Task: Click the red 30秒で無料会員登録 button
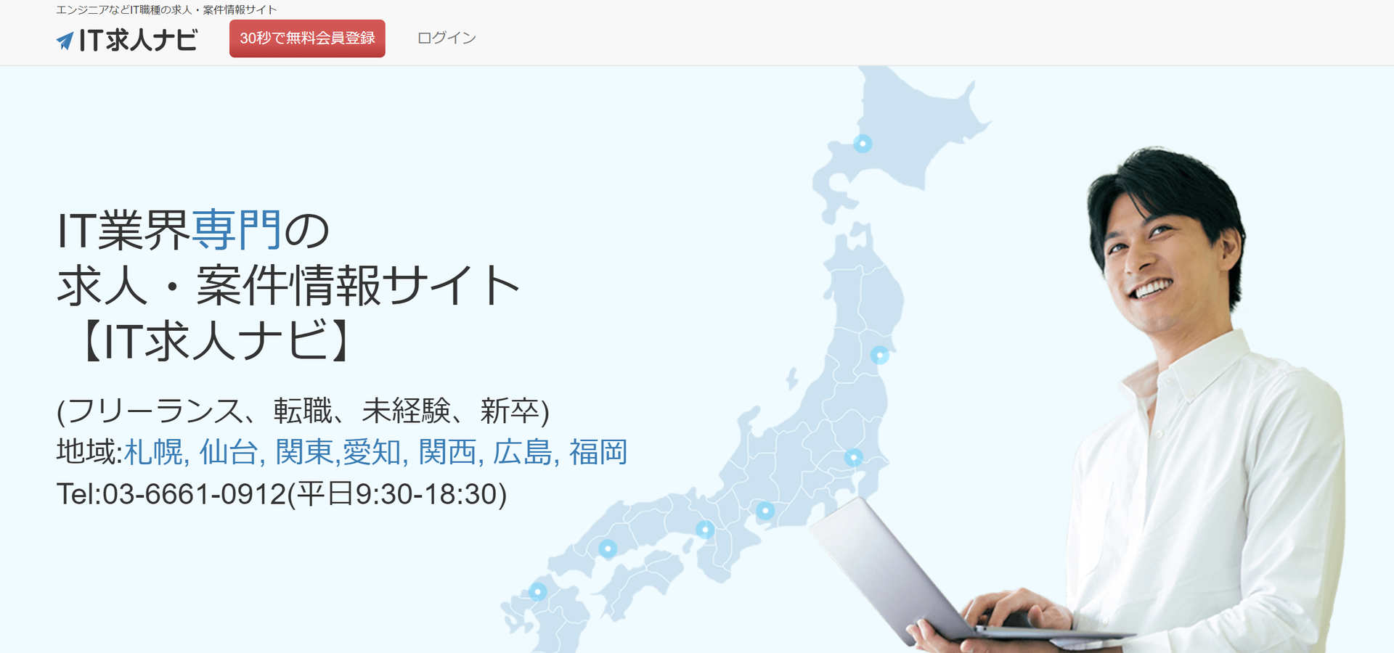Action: pyautogui.click(x=307, y=38)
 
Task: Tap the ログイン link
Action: pyautogui.click(x=447, y=38)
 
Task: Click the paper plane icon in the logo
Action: pyautogui.click(x=65, y=41)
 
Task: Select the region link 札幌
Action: pyautogui.click(x=154, y=452)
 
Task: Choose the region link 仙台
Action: pyautogui.click(x=229, y=452)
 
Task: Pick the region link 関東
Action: pyautogui.click(x=304, y=452)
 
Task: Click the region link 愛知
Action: pyautogui.click(x=372, y=452)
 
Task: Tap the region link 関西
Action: pyautogui.click(x=448, y=452)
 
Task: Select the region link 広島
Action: pyautogui.click(x=523, y=452)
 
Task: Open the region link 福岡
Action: pyautogui.click(x=598, y=452)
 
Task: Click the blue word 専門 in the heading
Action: pyautogui.click(x=237, y=230)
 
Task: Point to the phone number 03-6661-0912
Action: pyautogui.click(x=194, y=495)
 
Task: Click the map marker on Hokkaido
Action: pyautogui.click(x=863, y=144)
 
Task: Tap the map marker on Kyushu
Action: pyautogui.click(x=537, y=591)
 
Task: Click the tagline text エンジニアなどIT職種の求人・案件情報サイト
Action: pyautogui.click(x=166, y=9)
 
